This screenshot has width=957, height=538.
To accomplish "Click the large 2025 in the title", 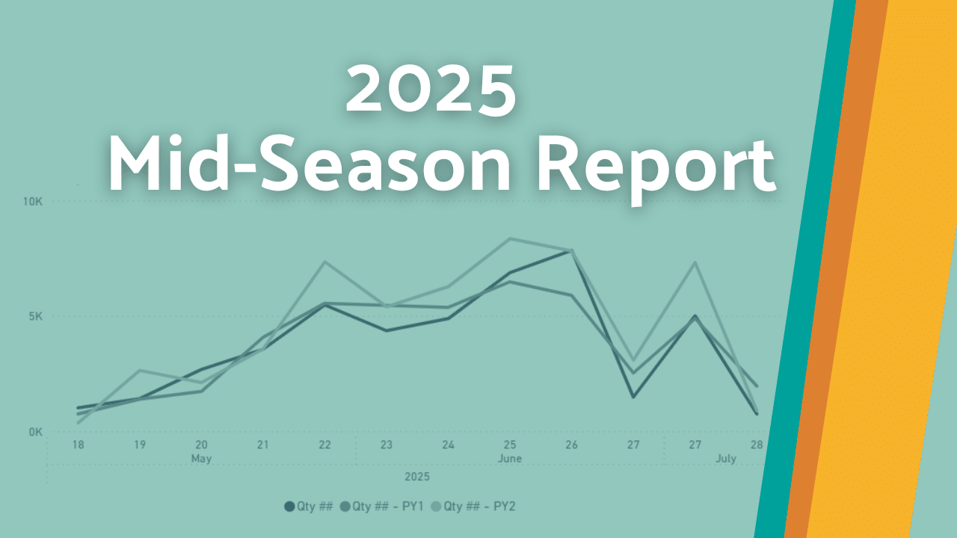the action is (431, 90).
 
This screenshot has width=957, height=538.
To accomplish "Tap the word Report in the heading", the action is (656, 169).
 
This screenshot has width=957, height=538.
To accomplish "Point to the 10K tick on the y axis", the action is (33, 202).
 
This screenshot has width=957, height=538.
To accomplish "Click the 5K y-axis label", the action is (36, 316).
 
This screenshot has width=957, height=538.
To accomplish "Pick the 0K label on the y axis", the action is (36, 433).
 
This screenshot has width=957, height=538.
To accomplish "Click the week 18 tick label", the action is (79, 445).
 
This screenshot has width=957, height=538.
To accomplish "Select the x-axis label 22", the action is (324, 445).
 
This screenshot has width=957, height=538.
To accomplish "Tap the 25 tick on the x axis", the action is (510, 445).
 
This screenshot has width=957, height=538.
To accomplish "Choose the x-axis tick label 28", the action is (757, 445).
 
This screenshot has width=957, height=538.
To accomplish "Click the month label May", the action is (201, 459).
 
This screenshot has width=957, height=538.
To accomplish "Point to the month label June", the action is (510, 459).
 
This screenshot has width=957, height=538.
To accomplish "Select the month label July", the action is (726, 459).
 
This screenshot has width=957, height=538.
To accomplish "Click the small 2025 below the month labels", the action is (417, 477).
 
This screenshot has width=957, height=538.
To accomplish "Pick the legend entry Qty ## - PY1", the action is (382, 507).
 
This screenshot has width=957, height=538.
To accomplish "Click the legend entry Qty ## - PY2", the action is (473, 507).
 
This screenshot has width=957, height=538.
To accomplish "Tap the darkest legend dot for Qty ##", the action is (289, 507).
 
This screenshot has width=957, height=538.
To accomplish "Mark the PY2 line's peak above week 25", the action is (510, 238).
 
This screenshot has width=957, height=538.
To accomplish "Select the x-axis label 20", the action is (201, 445).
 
